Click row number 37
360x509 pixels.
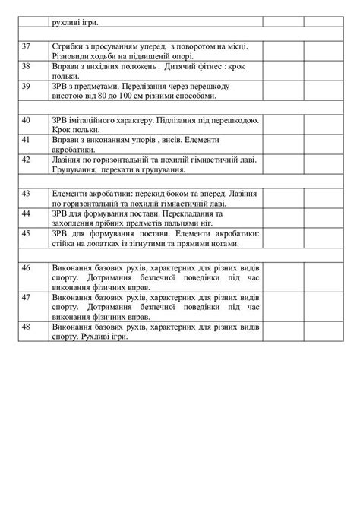coord(26,47)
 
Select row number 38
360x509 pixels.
coord(26,66)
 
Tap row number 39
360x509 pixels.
coord(26,86)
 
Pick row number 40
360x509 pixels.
coord(26,121)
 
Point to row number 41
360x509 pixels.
coord(26,140)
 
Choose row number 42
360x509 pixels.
coord(26,160)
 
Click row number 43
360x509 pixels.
coord(26,194)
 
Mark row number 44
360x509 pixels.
coord(26,214)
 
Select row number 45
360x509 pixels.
coord(26,234)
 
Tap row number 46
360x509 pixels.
coord(26,269)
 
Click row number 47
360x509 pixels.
coord(26,298)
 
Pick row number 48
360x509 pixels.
coord(26,327)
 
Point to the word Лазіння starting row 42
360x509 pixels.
coord(67,160)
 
